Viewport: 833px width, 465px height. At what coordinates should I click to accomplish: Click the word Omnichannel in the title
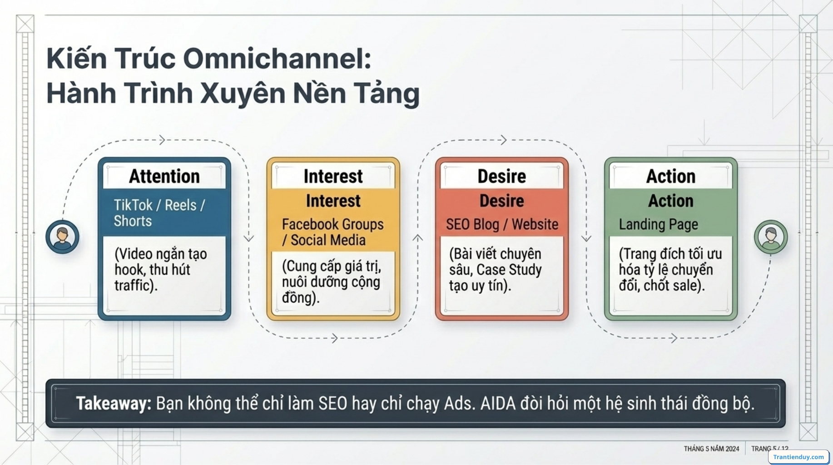277,59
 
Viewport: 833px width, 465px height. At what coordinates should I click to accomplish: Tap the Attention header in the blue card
164,176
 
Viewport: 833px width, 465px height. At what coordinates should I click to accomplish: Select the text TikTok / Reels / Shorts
159,213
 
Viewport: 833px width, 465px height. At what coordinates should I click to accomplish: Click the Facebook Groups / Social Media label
332,232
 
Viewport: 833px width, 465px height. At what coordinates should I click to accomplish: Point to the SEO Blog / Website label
502,224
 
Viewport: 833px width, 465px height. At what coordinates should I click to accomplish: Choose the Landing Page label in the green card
658,224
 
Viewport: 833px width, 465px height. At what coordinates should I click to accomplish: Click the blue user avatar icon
62,237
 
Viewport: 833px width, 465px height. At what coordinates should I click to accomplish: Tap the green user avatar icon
770,237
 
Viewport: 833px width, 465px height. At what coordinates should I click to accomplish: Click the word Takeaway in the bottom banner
113,403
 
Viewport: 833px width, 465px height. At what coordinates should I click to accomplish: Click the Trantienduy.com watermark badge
798,457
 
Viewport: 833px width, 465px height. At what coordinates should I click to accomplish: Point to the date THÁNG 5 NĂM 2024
711,449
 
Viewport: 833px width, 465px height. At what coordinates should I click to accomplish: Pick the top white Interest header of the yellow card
333,176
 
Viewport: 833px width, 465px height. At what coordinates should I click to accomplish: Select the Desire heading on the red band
501,201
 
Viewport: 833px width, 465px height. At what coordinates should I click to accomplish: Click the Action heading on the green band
670,201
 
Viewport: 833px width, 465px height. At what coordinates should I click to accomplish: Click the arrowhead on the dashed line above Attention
162,140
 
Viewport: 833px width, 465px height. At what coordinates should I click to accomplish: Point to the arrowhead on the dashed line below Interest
335,338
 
